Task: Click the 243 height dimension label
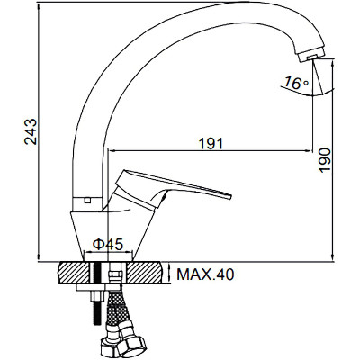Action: pos(31,131)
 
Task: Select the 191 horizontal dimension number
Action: pos(211,144)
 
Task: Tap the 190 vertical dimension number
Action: pos(325,160)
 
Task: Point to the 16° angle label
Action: pos(296,83)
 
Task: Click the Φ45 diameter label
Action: pos(108,245)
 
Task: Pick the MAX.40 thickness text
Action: pos(205,274)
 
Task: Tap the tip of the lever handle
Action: pos(231,196)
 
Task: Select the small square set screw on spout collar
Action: pos(87,201)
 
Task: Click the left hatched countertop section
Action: pos(75,273)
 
